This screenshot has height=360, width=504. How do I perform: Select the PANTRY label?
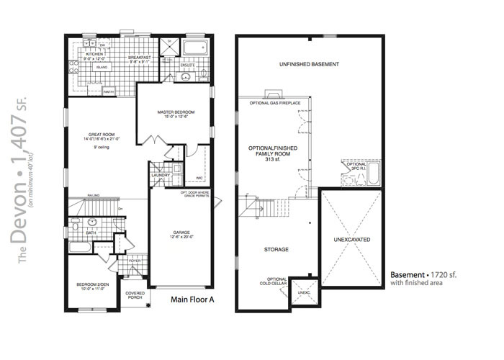tap(109, 91)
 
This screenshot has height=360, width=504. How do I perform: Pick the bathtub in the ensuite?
tap(193, 49)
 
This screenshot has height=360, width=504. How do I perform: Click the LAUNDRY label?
tap(160, 175)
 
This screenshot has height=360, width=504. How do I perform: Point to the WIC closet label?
tap(199, 178)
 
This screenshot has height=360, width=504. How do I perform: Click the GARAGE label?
tap(181, 233)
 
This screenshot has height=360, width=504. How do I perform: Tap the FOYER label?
tap(135, 261)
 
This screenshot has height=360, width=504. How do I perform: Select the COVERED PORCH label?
tap(134, 295)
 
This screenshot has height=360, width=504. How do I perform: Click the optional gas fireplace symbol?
tap(272, 94)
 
